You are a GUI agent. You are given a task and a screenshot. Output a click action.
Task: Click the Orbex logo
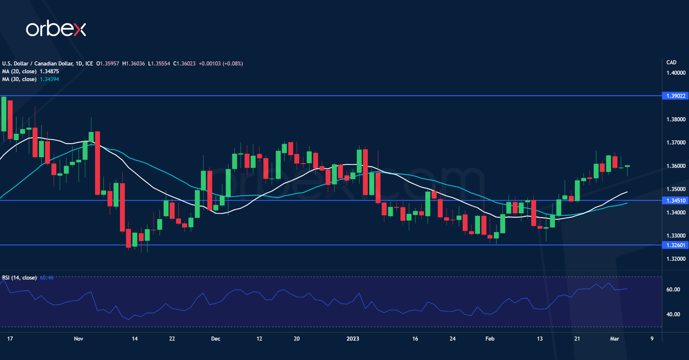point(56,29)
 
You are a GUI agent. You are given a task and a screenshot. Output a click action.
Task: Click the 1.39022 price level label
point(675,96)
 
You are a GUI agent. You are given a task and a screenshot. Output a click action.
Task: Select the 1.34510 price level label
point(675,201)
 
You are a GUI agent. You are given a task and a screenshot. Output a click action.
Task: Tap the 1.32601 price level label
point(675,245)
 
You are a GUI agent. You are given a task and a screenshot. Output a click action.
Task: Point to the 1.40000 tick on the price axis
point(676,73)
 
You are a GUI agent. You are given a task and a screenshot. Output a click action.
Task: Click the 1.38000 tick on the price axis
point(676,119)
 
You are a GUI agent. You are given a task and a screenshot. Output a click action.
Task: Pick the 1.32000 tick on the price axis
point(676,259)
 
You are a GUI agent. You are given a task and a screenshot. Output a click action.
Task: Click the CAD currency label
point(671,62)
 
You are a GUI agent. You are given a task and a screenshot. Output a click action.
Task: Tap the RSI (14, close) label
point(19,277)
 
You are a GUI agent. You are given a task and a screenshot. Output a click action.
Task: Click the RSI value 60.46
point(47,277)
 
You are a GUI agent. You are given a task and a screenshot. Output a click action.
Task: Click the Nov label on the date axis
point(78,338)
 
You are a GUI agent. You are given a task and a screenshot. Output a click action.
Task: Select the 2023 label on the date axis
point(353,338)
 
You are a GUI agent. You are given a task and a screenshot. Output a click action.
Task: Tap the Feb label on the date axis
point(490,338)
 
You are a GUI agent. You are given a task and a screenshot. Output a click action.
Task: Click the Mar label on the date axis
point(615,338)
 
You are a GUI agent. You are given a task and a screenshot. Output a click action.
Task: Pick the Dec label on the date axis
point(216,338)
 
